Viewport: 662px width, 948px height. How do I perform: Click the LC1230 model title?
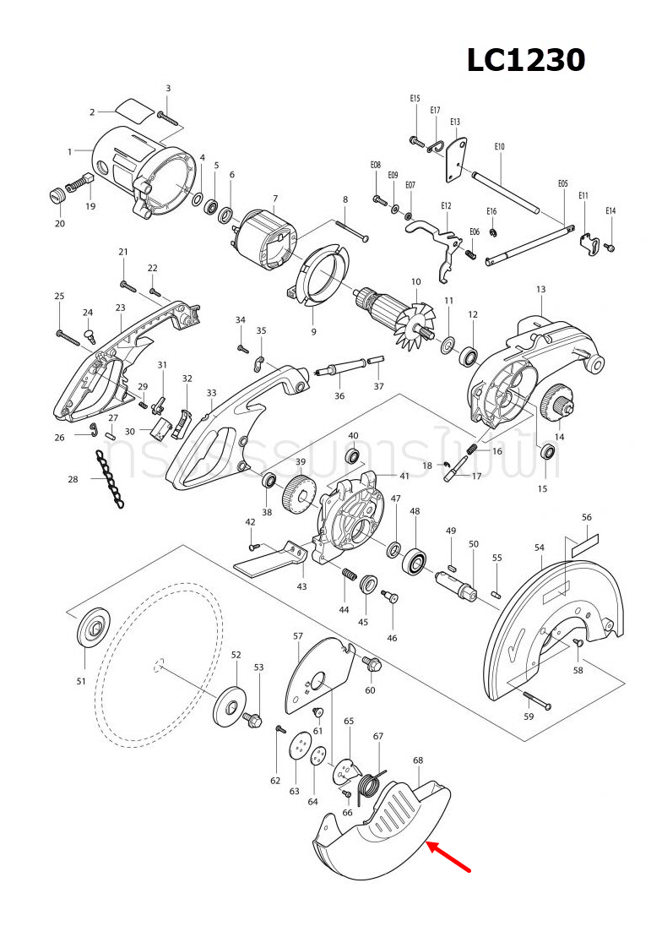526,60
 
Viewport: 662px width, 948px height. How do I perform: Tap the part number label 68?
418,760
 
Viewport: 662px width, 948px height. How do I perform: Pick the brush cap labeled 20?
56,196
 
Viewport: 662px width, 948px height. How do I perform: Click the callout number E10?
500,147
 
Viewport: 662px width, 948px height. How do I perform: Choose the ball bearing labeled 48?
416,561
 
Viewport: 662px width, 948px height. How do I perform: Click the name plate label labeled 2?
133,111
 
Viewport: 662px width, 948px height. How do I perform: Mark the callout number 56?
587,517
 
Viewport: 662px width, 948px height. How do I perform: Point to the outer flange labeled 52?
229,706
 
